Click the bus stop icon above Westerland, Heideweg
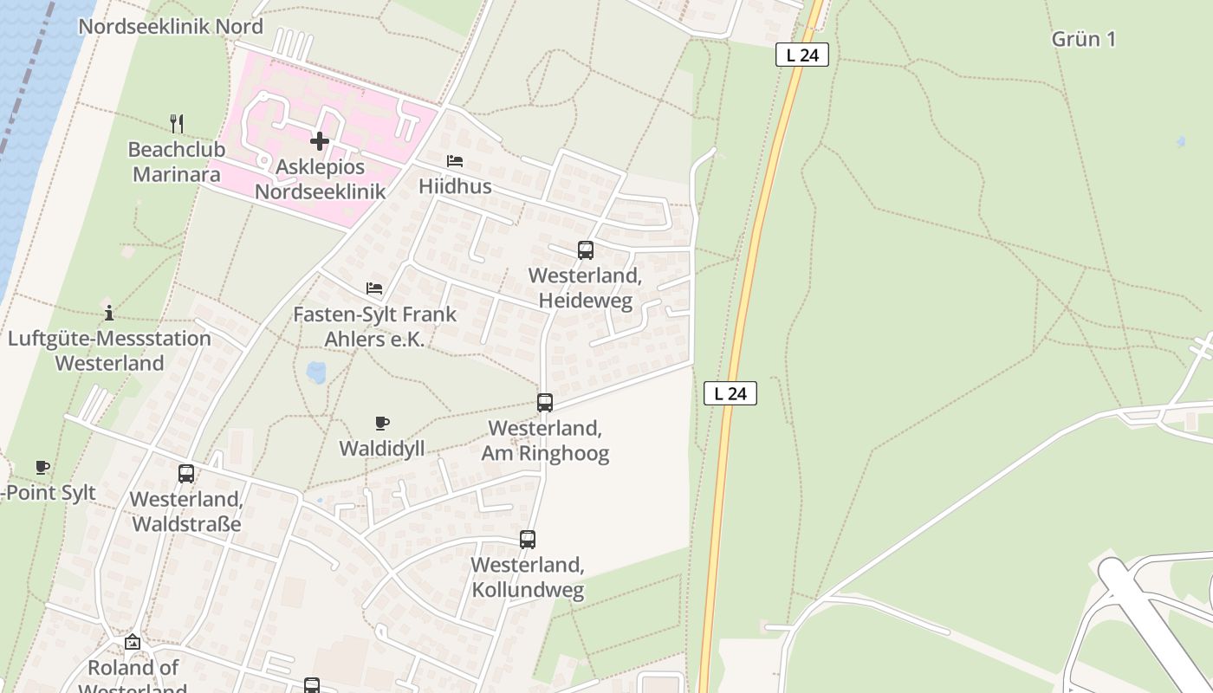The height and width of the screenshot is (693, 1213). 586,250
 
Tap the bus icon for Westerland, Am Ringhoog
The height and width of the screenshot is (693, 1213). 545,403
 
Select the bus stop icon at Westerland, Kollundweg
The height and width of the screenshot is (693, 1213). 528,540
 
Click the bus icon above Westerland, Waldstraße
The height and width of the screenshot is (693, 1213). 186,474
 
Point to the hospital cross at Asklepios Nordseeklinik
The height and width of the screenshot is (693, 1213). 320,140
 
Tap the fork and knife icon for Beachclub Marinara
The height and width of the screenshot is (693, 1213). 177,123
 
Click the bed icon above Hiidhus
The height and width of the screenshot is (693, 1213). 455,161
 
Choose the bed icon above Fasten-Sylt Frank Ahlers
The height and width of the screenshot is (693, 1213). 374,288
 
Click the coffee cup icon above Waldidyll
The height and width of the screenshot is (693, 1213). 382,424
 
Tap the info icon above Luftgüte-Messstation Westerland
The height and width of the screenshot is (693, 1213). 109,314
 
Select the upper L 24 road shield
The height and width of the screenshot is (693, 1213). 801,55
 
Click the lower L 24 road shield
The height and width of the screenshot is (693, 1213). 730,393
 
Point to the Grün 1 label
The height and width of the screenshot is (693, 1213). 1083,39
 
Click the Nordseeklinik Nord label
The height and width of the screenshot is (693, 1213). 171,26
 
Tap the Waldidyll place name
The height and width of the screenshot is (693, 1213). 382,449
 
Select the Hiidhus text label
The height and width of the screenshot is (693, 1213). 455,186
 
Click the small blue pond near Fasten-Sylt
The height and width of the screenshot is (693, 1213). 316,373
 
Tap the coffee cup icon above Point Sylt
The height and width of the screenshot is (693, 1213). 42,468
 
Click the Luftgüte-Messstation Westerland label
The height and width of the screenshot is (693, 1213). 109,350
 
